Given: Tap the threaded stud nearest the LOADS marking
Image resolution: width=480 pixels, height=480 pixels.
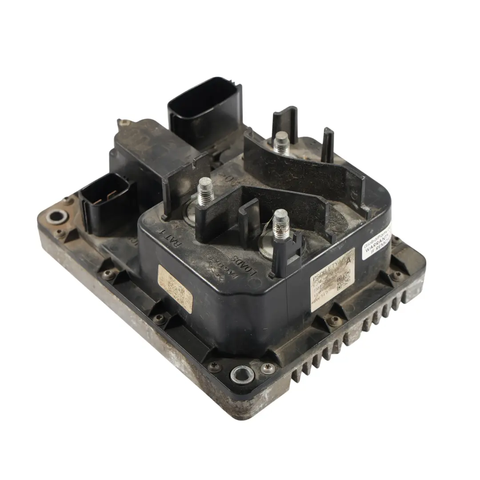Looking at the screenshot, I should (280, 222).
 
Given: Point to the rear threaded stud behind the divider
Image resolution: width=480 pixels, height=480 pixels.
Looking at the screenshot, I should (281, 142).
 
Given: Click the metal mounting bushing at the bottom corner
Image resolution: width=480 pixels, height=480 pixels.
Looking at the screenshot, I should (242, 374).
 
